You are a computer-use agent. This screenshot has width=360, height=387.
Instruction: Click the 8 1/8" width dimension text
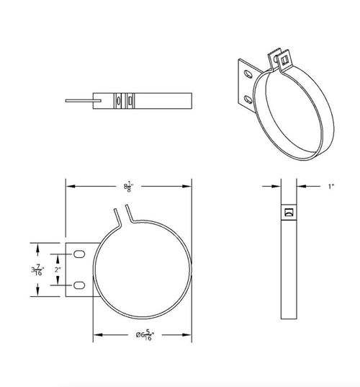(x=129, y=187)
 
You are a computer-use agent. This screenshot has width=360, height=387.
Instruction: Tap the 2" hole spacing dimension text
(x=58, y=270)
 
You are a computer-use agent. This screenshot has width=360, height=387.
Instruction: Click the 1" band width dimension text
(x=331, y=187)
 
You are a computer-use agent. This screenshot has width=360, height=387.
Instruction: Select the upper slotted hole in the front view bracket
(x=78, y=252)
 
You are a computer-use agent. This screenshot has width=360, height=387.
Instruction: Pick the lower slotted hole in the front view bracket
(x=78, y=286)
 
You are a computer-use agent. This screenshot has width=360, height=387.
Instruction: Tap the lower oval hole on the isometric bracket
(x=248, y=98)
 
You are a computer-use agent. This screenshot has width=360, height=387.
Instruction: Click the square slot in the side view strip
(x=289, y=212)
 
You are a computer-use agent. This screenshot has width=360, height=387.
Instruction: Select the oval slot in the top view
(x=118, y=101)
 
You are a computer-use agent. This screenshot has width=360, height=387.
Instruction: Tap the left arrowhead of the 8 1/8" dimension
(x=70, y=187)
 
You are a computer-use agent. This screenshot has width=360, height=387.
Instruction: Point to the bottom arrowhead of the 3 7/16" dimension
(x=36, y=295)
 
